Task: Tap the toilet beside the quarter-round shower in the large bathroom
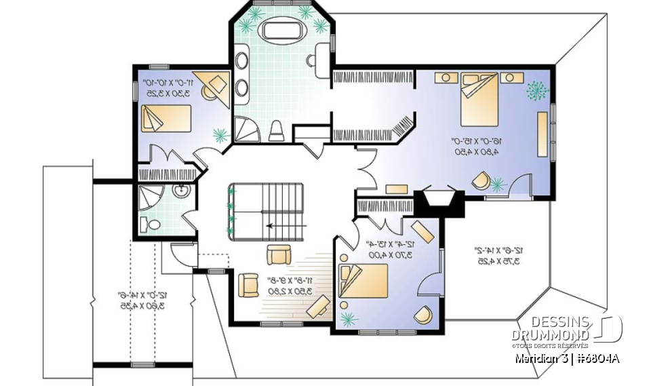(276, 130)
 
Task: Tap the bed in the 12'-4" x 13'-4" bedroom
(363, 279)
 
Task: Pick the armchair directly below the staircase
(279, 254)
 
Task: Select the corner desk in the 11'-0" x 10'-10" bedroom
(212, 85)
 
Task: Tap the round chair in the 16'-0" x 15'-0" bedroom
(481, 180)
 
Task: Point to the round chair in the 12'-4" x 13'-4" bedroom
(423, 315)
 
